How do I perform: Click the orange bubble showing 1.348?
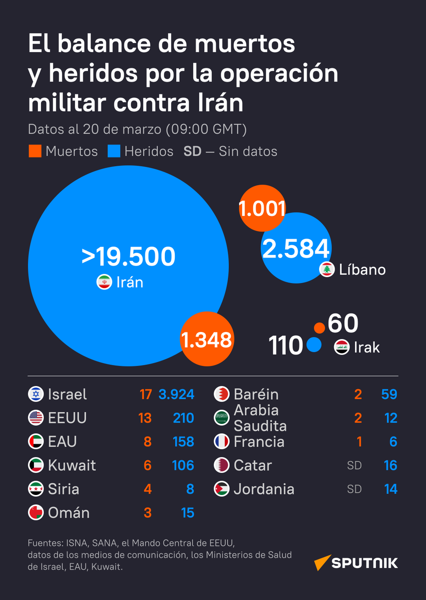(206, 340)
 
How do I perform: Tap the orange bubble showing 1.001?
(262, 208)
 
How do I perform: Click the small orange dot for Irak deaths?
(319, 328)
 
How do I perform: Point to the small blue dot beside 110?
(314, 345)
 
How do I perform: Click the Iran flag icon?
(104, 282)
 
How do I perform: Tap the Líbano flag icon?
(327, 269)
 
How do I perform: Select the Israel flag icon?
(36, 394)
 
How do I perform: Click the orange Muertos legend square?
(34, 151)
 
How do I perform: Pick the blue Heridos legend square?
(114, 151)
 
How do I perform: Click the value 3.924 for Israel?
(176, 394)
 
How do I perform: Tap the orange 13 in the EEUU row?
(145, 418)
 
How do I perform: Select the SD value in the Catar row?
(354, 465)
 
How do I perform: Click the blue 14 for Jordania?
(391, 489)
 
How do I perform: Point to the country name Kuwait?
(72, 465)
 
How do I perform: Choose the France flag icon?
(222, 442)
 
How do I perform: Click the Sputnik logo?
(356, 562)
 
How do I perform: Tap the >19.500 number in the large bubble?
(128, 256)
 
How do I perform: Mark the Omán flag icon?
(36, 513)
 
